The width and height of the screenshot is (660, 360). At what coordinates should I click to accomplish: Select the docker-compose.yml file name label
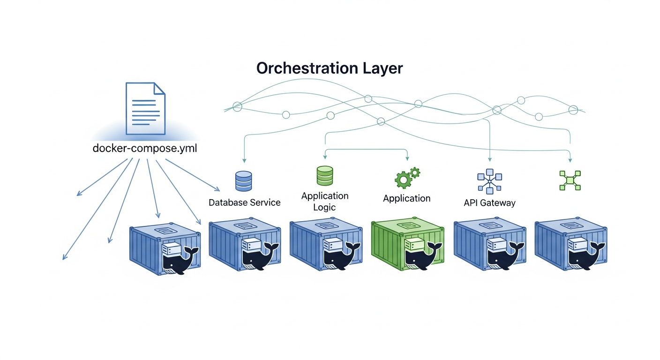click(145, 149)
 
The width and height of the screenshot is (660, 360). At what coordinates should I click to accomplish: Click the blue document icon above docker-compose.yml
click(146, 108)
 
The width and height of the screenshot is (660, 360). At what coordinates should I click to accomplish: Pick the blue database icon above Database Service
click(243, 181)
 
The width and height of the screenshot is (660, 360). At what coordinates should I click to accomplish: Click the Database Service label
click(244, 202)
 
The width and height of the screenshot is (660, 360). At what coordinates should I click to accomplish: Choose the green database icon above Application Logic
click(324, 176)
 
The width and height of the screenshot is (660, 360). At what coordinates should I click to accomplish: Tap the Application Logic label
click(325, 201)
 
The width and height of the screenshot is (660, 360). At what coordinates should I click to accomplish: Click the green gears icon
click(407, 177)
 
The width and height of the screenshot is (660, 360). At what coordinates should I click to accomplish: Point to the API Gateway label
click(489, 203)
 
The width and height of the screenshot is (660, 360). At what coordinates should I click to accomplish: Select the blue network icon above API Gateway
click(489, 180)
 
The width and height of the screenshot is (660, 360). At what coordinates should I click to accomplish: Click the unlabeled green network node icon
click(570, 180)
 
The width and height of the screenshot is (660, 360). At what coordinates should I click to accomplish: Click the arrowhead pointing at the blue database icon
click(244, 160)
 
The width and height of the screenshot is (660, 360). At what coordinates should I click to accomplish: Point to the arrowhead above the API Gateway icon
click(490, 160)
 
